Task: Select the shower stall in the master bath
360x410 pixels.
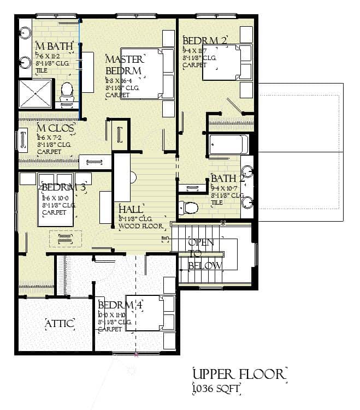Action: (36, 93)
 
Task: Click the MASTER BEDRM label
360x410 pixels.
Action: (125, 65)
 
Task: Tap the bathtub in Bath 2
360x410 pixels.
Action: (228, 145)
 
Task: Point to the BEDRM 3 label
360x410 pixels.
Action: (64, 187)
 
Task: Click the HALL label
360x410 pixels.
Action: (131, 209)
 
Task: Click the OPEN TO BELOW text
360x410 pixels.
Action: (204, 254)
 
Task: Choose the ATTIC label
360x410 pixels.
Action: (59, 324)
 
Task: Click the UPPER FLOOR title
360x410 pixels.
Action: (239, 375)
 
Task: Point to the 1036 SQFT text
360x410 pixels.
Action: (217, 389)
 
